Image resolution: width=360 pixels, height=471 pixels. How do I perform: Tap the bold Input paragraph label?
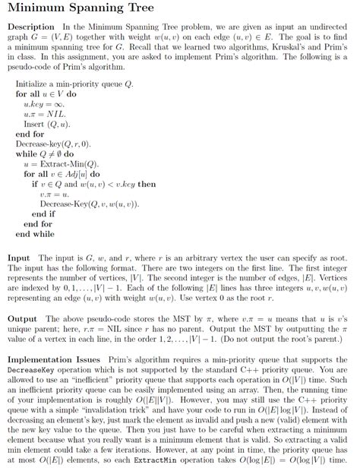point(19,258)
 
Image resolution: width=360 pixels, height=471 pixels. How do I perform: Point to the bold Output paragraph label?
point(23,319)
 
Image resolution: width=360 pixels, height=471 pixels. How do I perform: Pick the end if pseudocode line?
point(43,214)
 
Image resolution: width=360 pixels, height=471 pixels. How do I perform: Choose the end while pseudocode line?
point(35,234)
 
